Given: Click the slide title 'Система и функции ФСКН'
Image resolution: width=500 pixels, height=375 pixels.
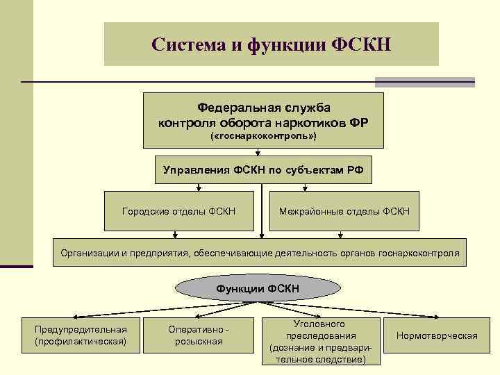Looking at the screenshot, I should point(272,44).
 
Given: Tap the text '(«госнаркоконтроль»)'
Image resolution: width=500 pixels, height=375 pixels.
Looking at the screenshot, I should point(263,137).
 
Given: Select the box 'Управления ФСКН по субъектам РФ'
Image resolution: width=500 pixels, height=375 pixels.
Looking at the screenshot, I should point(263,169).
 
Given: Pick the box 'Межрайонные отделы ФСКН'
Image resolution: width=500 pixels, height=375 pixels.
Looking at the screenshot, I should point(344,210).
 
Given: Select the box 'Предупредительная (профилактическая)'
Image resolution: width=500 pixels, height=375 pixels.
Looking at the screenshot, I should point(81,335).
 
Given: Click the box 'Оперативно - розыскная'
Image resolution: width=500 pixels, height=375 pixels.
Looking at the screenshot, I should point(199,335).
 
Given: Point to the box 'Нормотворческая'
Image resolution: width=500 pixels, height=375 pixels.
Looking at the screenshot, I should point(437,336).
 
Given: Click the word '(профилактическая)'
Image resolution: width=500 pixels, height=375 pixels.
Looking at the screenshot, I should point(81,342).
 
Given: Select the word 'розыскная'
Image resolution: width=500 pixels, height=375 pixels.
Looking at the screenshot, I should point(199,342).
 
